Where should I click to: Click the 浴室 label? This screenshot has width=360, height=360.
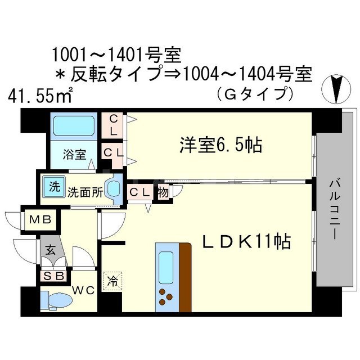(x=74, y=152)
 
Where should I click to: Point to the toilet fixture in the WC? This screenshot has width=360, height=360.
(x=56, y=300)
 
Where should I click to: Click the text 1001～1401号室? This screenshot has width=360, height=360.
(x=115, y=55)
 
